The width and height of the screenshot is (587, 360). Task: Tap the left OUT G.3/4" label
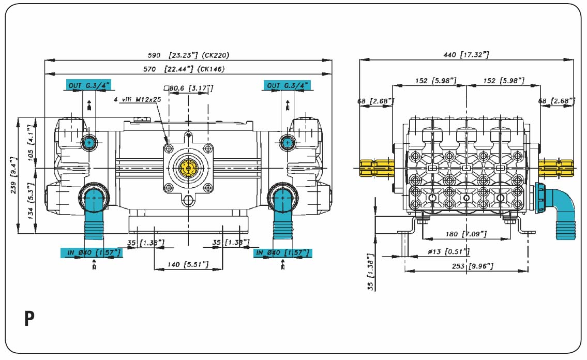tap(88, 85)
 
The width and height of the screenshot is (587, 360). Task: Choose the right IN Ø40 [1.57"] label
tap(282, 253)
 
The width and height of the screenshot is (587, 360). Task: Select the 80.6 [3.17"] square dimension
tap(188, 88)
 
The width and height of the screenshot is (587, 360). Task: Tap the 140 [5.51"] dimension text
tap(188, 265)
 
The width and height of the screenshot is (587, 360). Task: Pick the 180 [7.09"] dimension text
tap(465, 234)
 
